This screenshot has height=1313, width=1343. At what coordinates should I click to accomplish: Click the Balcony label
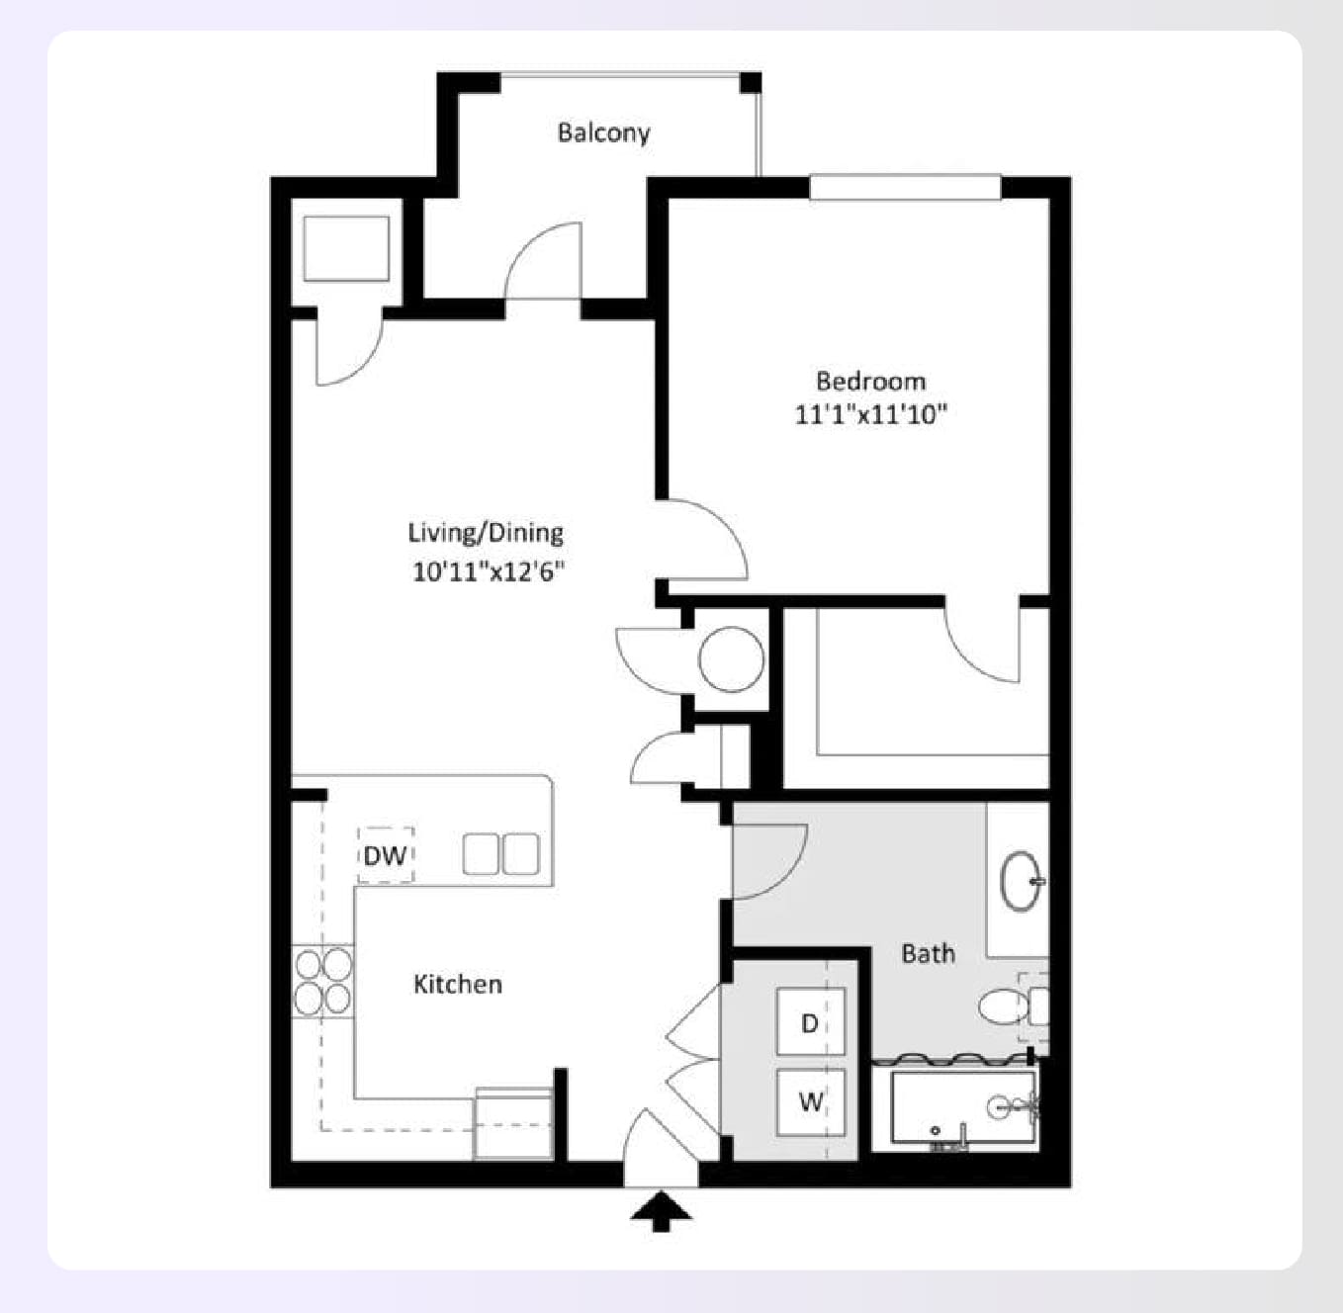point(603,132)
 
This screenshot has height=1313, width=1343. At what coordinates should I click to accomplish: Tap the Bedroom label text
point(870,381)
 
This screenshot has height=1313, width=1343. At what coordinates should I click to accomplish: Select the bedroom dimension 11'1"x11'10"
point(870,414)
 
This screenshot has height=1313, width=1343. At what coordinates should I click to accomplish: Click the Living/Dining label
point(486,533)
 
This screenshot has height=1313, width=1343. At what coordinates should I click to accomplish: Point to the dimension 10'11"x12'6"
point(489,571)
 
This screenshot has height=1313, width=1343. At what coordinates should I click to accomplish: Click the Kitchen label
point(458,984)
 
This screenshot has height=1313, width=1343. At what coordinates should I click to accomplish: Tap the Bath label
point(928,953)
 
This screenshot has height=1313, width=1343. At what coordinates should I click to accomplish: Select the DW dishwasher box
point(385,855)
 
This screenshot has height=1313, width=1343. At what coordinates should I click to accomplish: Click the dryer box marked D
point(810,1022)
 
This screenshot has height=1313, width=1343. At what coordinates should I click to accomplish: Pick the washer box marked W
point(810,1100)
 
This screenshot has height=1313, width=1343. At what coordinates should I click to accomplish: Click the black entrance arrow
point(661,1210)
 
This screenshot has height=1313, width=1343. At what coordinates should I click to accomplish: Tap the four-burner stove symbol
point(322,981)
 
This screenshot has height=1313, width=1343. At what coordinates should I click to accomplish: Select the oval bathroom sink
point(1021,880)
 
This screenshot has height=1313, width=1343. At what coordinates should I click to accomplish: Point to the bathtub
point(962,1106)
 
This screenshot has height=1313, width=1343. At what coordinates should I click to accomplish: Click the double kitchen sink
point(500,854)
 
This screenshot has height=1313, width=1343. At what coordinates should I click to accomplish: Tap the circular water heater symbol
point(731,658)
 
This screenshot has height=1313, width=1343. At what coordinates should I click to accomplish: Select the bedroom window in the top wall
point(904,187)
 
